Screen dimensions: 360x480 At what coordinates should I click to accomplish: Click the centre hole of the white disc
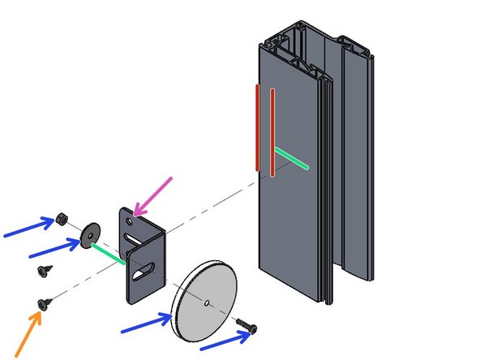(208, 303)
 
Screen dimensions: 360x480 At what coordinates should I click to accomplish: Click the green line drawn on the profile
(291, 159)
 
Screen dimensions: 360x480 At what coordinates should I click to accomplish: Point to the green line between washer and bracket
(106, 252)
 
